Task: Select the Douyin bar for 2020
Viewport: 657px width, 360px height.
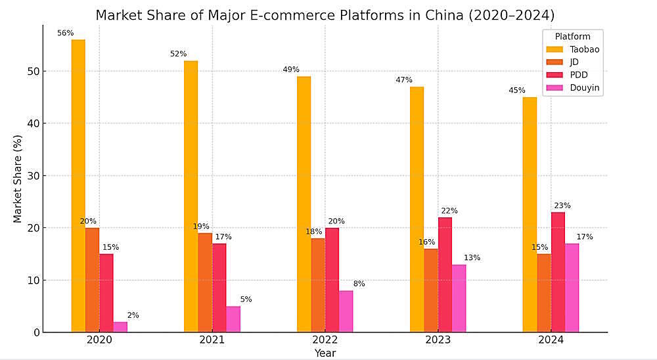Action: point(120,327)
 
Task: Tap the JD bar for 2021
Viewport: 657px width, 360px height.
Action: point(205,282)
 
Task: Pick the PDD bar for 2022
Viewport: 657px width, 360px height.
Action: point(332,280)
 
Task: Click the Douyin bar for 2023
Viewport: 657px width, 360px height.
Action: point(459,298)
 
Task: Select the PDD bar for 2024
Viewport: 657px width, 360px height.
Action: point(558,272)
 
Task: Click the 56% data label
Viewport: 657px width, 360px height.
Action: point(65,33)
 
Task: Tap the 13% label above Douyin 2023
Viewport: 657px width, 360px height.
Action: point(472,258)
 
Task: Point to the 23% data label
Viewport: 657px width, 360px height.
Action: point(562,205)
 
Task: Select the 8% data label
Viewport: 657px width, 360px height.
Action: point(359,284)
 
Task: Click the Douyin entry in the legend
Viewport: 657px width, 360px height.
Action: point(583,87)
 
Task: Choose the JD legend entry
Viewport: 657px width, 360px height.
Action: point(574,62)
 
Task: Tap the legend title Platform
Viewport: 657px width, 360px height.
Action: point(572,37)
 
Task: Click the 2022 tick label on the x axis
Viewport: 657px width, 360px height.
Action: point(325,341)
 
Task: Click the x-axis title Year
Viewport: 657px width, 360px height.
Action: point(325,353)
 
